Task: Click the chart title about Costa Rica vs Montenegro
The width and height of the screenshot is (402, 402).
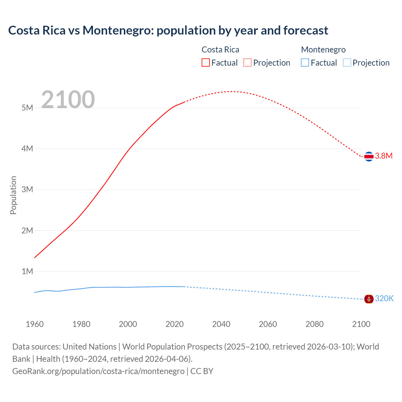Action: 168,30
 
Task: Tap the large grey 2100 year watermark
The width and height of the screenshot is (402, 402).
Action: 68,100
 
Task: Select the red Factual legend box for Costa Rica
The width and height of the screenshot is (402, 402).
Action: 206,62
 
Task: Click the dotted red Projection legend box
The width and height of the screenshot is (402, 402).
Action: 247,62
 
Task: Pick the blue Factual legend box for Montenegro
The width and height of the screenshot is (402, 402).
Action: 305,62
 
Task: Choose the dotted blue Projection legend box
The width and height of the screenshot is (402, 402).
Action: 347,62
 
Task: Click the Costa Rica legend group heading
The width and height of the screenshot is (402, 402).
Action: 220,50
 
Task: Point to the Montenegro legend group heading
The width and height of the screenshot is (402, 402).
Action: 323,50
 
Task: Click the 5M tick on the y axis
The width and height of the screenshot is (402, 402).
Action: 27,108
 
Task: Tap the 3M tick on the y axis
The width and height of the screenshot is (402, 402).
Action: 27,189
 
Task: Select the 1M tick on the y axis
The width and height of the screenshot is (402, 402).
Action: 27,271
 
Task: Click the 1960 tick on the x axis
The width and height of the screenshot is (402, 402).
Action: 35,324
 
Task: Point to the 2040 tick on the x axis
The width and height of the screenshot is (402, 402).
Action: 221,324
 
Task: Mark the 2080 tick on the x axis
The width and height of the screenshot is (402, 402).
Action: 314,324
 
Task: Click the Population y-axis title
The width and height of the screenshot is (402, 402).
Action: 13,195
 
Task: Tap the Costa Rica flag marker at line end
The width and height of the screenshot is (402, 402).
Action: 369,156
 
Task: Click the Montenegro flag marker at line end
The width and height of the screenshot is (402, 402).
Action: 369,299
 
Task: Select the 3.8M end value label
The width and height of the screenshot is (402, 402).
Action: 384,156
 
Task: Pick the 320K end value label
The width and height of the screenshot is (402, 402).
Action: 384,298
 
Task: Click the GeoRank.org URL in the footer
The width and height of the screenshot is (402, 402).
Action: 98,371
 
